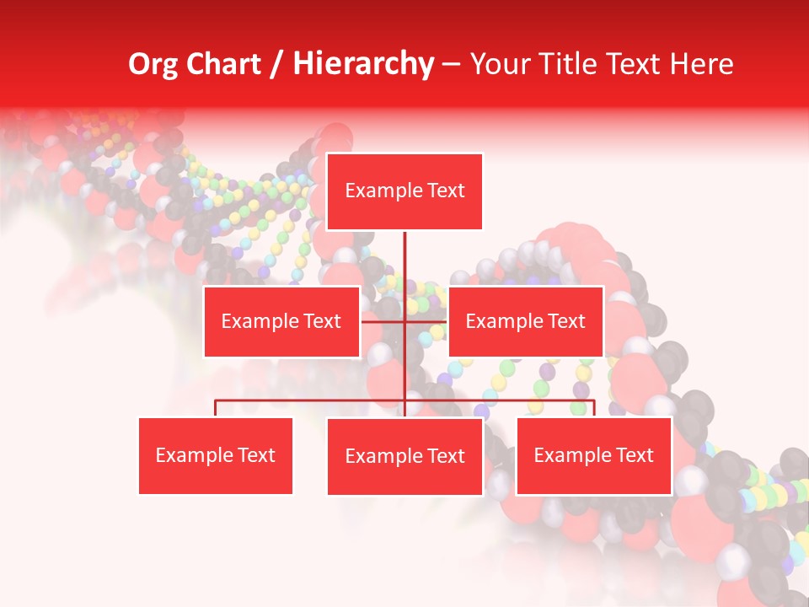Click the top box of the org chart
click(404, 191)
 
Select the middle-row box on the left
click(281, 321)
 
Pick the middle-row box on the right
click(525, 321)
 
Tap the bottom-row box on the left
click(216, 456)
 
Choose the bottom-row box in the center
click(404, 457)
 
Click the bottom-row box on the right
click(593, 456)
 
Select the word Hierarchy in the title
click(363, 64)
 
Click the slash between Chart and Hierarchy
click(276, 64)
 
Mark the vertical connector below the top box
click(405, 257)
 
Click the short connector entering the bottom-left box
click(216, 408)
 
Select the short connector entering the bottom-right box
click(594, 408)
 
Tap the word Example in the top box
click(383, 191)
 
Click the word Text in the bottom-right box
click(634, 456)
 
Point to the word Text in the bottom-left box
click(255, 456)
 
